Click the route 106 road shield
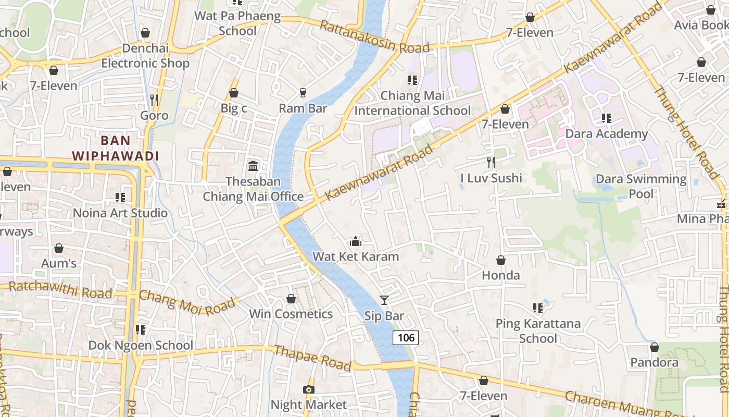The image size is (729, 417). click(x=406, y=338)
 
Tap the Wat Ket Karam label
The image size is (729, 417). click(x=356, y=256)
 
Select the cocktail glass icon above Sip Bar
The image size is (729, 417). click(x=384, y=300)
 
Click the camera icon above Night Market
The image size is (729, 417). click(x=308, y=389)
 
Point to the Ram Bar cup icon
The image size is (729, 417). click(x=303, y=92)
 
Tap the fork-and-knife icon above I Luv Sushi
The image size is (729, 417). click(x=491, y=162)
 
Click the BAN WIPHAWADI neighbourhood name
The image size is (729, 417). click(x=115, y=148)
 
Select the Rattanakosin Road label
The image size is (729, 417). click(x=374, y=37)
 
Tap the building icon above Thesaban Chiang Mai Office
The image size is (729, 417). click(x=253, y=166)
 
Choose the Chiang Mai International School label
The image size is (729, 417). click(x=412, y=103)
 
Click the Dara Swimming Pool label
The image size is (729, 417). click(x=641, y=187)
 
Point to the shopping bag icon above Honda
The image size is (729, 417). click(x=501, y=260)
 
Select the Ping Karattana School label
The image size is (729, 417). click(x=538, y=331)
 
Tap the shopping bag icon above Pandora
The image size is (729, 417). click(x=655, y=347)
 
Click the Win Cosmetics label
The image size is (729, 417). click(x=291, y=314)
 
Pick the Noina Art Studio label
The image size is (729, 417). click(x=120, y=213)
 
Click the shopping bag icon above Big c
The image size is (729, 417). click(x=234, y=93)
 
